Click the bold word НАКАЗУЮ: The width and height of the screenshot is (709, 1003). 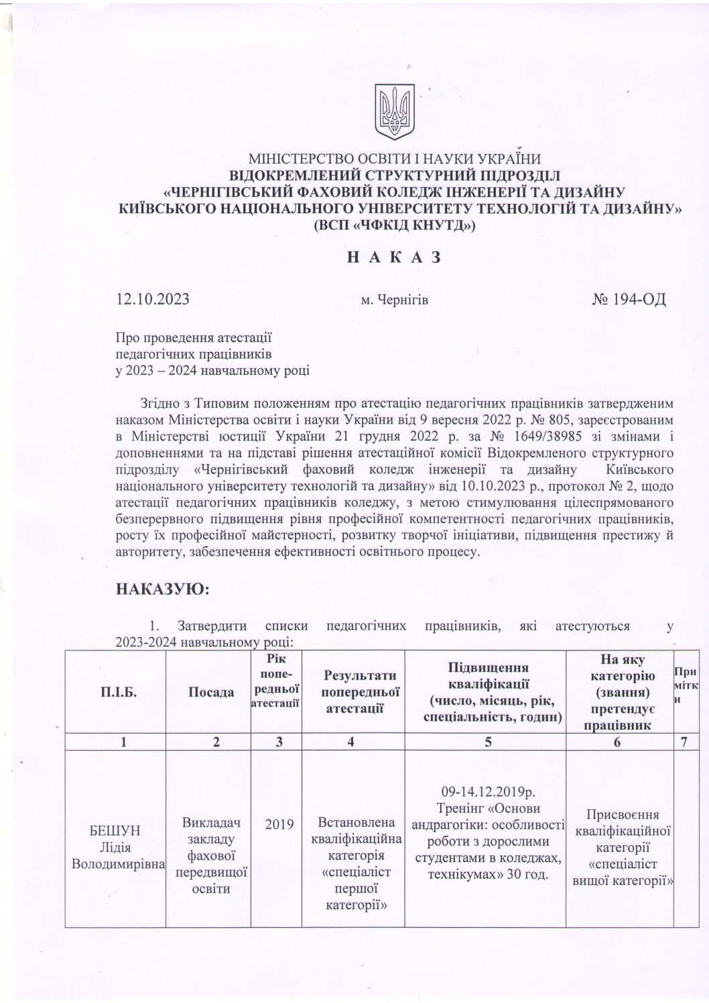(x=164, y=589)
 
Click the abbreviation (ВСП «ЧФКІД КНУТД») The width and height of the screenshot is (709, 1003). (x=394, y=227)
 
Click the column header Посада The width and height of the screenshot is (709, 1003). (x=211, y=693)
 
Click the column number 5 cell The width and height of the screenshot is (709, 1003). (x=488, y=742)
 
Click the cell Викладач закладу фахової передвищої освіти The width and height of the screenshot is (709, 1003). (x=211, y=855)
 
